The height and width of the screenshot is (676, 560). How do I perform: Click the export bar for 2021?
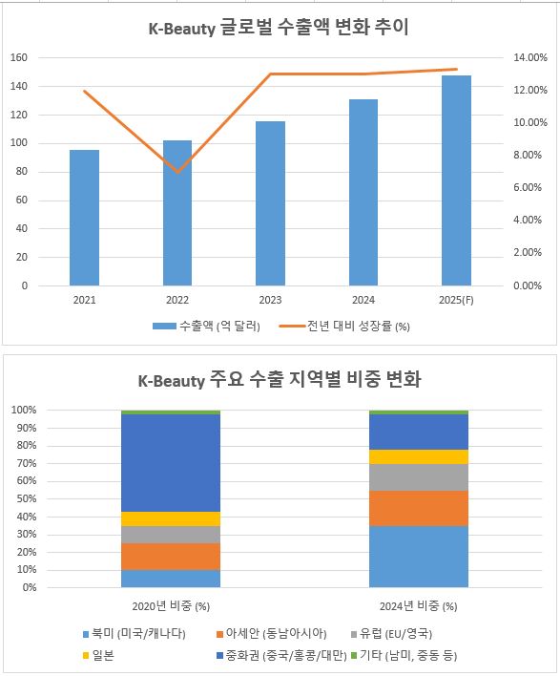pos(84,218)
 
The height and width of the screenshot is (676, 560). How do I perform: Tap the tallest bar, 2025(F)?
pos(456,180)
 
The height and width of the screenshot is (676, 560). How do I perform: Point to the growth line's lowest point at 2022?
pos(177,172)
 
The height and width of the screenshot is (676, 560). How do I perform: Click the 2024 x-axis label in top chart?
pos(363,300)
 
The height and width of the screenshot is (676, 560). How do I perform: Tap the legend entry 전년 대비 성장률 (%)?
pos(347,327)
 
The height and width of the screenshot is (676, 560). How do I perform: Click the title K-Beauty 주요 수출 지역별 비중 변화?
pos(280,380)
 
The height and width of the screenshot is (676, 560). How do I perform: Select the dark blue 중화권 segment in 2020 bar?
pos(171,463)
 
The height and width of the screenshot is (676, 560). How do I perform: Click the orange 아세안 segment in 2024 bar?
pos(418,508)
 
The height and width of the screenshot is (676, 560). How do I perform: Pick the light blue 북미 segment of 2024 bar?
pos(418,557)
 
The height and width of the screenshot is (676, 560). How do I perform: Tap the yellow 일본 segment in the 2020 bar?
pos(171,518)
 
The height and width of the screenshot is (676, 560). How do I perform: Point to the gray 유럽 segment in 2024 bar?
pos(418,477)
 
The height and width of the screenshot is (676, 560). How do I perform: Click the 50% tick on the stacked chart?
pos(24,498)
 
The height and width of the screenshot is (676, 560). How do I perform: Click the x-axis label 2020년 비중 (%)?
pos(171,605)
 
